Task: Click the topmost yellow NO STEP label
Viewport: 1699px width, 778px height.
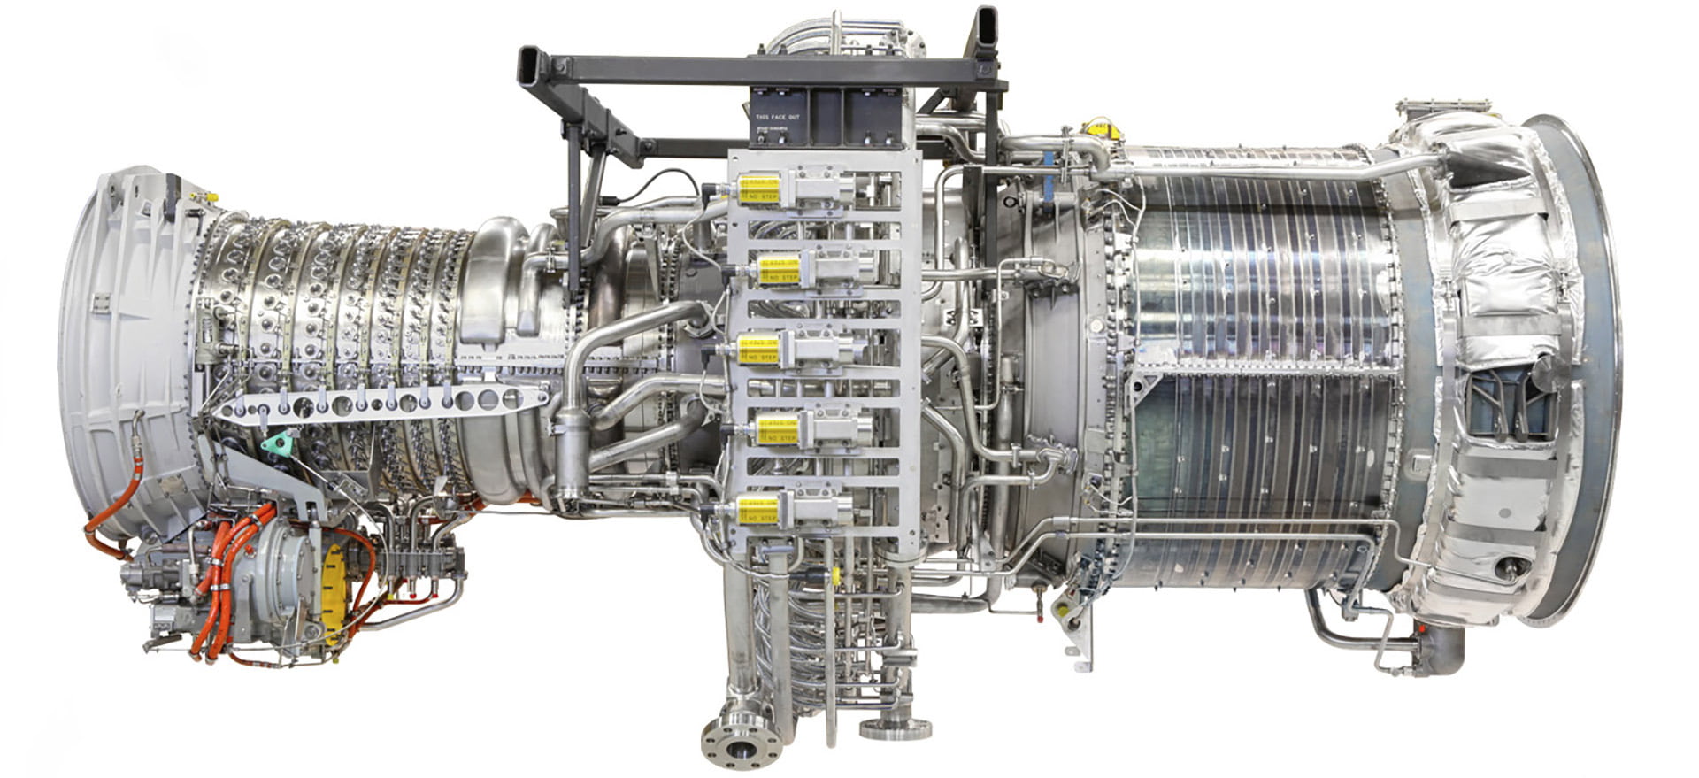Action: tap(757, 189)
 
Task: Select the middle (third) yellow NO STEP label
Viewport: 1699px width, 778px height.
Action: tap(758, 350)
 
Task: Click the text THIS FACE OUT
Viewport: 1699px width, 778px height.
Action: tap(776, 116)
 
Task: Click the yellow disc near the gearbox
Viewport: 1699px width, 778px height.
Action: tap(334, 580)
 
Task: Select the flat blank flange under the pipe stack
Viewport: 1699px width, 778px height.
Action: tap(895, 730)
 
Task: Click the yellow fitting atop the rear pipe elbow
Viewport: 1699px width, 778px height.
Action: tap(1101, 130)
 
